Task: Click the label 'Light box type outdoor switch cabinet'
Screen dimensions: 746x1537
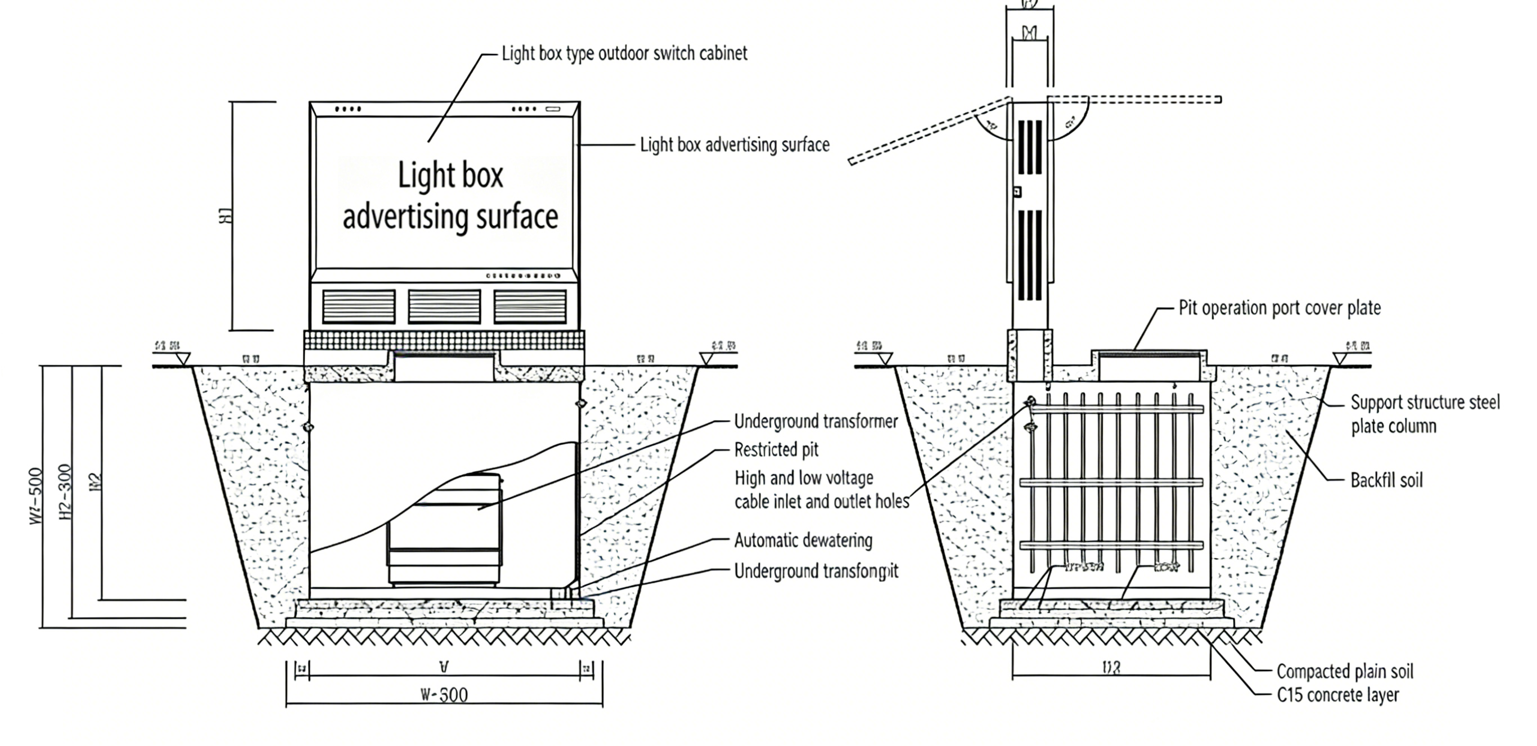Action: click(624, 53)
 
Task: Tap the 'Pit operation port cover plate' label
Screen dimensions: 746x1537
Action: click(1279, 309)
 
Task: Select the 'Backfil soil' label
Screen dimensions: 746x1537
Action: click(1386, 480)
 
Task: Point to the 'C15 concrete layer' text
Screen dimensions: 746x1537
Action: click(1338, 695)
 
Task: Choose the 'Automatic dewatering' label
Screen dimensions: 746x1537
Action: click(803, 540)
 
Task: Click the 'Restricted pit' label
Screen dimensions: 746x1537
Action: click(776, 449)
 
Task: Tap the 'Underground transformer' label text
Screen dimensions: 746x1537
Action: click(816, 421)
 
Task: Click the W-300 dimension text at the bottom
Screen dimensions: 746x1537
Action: click(444, 695)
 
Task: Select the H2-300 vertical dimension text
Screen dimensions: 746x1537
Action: click(66, 492)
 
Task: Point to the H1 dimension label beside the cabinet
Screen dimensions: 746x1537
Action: click(226, 216)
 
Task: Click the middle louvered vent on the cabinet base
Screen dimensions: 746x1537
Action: click(444, 306)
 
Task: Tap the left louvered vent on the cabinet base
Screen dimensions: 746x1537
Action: click(359, 306)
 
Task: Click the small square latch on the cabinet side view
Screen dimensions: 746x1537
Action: click(1017, 191)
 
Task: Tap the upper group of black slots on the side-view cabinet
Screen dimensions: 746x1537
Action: click(1030, 147)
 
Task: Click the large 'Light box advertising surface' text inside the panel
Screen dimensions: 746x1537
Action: click(450, 196)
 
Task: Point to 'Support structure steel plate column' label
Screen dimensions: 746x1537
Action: click(1424, 414)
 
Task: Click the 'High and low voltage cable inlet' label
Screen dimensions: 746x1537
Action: click(821, 490)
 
